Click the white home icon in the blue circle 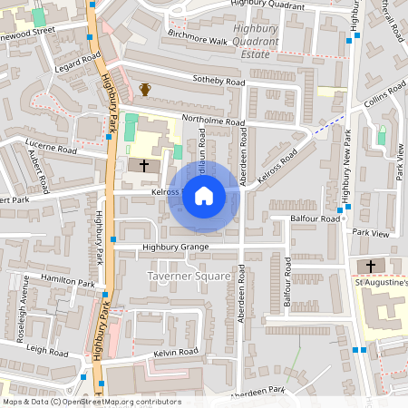[x=204, y=195]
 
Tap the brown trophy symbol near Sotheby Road [x=144, y=89]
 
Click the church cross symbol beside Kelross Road [x=144, y=166]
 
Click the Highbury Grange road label [x=175, y=247]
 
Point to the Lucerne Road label [x=53, y=148]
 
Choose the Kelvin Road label [x=176, y=352]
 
